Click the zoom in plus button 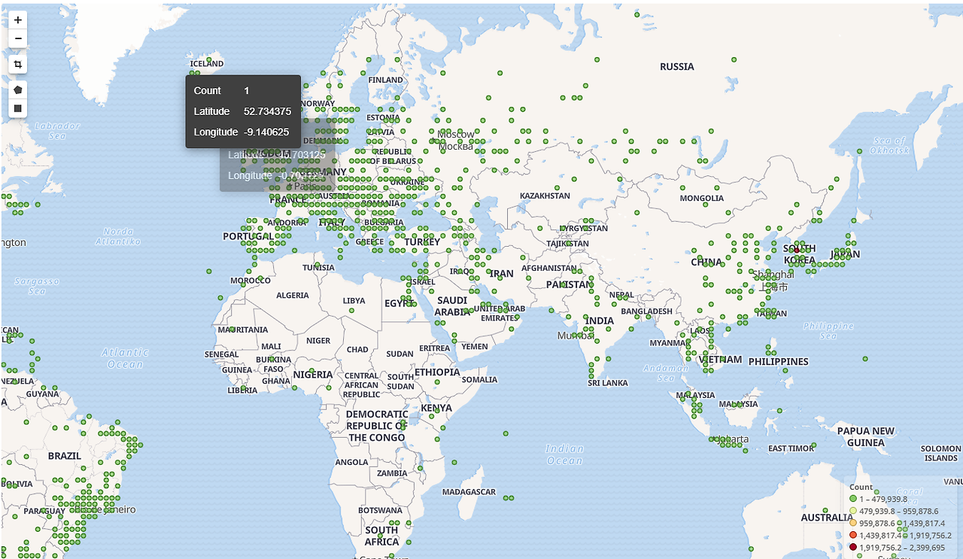[18, 20]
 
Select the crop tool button [18, 65]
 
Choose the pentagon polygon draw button [18, 90]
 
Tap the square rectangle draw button [18, 109]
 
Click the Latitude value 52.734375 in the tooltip [267, 111]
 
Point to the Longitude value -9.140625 [266, 132]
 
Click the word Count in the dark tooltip [208, 90]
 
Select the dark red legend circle [853, 547]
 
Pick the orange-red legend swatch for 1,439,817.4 [853, 535]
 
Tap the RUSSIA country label [677, 67]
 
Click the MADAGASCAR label [469, 492]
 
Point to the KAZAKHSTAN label [545, 196]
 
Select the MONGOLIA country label [702, 199]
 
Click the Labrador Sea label [57, 130]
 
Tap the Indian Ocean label [564, 454]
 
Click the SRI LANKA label [608, 383]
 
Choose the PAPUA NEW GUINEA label [866, 436]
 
